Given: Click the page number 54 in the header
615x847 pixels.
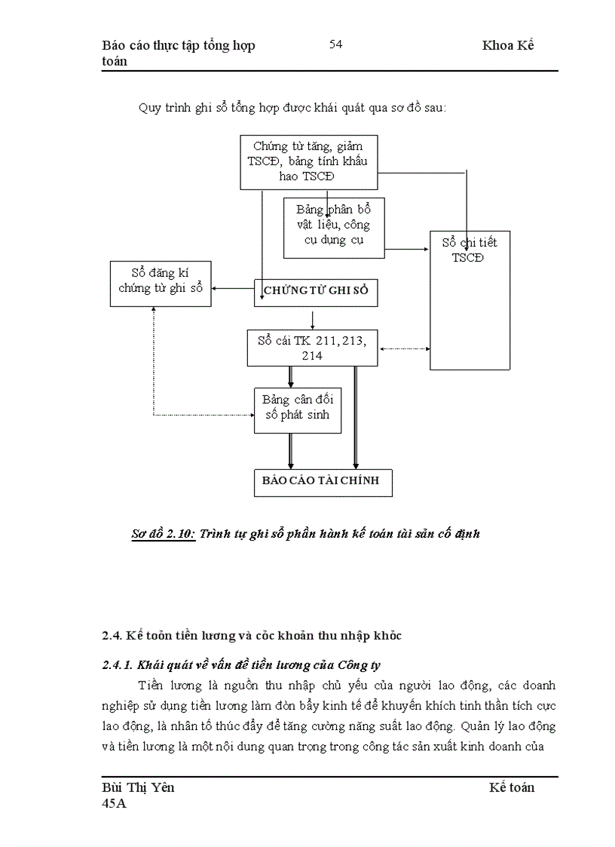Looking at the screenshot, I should [335, 44].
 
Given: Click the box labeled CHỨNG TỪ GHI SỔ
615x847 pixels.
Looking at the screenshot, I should [316, 292].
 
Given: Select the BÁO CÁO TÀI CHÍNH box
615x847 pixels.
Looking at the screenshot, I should [322, 482].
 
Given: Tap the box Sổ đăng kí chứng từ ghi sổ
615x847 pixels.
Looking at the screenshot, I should [160, 284].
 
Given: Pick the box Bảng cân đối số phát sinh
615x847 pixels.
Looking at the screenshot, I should [297, 408].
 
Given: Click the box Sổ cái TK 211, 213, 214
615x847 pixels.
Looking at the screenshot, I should [312, 347].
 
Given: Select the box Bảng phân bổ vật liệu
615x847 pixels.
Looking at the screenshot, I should [333, 226].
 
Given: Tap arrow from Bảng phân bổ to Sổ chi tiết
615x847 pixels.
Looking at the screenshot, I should [406, 247].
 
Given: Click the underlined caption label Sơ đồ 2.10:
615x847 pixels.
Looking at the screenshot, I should [164, 534].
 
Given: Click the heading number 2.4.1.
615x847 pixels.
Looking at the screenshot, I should [117, 664].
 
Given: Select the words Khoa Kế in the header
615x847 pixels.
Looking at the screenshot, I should [508, 45].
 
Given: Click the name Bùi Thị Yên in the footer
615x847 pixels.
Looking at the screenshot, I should [138, 787].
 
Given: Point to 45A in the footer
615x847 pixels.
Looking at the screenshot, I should [115, 804].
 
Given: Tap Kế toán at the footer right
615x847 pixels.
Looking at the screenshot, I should [512, 787].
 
